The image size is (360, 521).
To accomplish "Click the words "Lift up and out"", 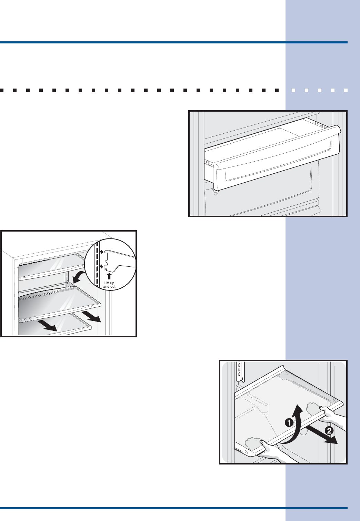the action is tap(109, 285).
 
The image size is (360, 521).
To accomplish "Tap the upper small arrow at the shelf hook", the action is tap(101, 252).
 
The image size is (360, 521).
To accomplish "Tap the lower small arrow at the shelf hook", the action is tap(101, 266).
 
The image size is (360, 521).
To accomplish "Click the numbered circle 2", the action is tap(330, 430).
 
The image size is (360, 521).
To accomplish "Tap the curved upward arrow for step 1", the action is tap(295, 424).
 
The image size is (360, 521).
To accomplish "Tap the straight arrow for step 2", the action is tap(322, 433).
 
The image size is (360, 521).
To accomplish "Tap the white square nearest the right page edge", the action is tap(346, 90).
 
